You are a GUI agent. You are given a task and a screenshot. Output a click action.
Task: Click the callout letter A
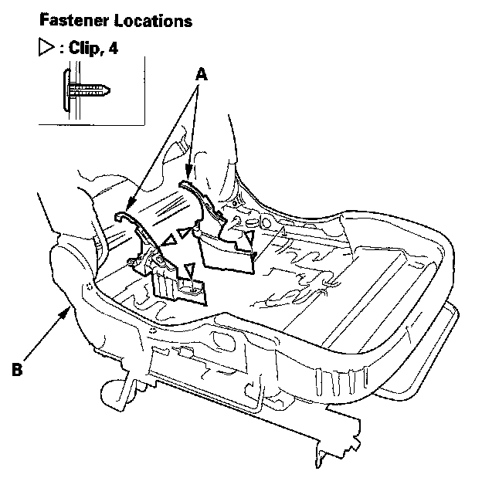pos(202,75)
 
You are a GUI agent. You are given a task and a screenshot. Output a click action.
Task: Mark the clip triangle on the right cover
pos(249,236)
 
